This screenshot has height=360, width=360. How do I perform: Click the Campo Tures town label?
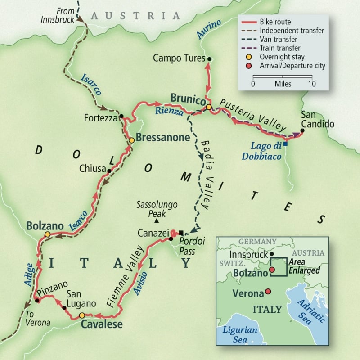click(179, 58)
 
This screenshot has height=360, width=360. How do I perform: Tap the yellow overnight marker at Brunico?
click(209, 107)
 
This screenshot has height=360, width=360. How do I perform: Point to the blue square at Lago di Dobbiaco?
click(285, 144)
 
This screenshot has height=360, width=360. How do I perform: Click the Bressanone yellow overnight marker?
click(131, 140)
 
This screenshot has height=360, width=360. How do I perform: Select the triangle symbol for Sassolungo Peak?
click(156, 221)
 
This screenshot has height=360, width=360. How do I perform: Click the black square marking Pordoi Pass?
click(181, 233)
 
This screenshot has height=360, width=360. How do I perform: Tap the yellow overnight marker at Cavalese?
click(82, 315)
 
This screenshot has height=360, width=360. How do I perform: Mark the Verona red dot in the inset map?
click(268, 292)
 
